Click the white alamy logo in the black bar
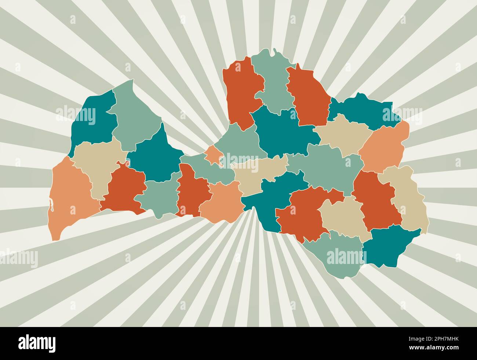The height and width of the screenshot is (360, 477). coord(37,343)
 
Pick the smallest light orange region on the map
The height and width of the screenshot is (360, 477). coord(212,154)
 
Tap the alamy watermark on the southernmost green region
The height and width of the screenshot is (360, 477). coord(343,256)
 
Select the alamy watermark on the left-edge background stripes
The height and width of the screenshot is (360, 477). coord(18,258)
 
